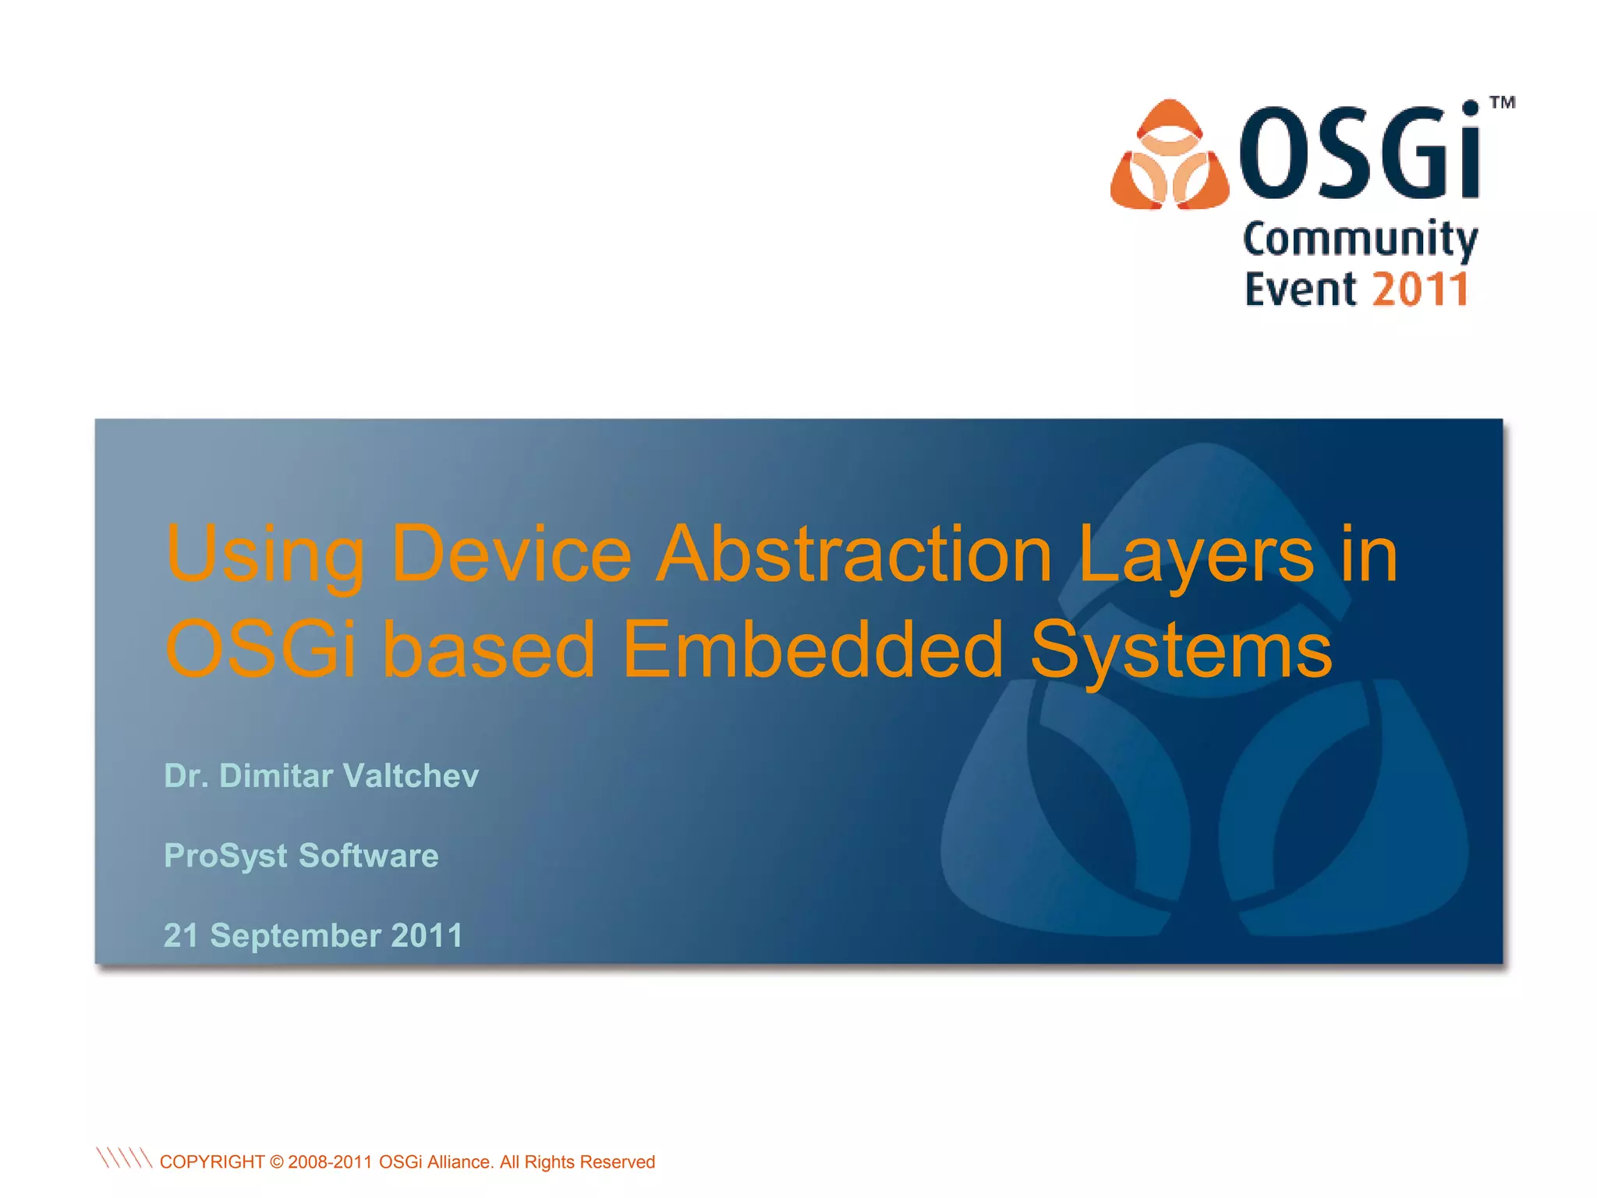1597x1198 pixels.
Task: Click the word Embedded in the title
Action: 813,650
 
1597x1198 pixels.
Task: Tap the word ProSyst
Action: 226,856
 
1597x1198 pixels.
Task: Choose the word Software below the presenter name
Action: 369,856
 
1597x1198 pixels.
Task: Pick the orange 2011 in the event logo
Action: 1421,289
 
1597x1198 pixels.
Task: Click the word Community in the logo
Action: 1360,239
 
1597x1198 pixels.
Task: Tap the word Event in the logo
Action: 1300,289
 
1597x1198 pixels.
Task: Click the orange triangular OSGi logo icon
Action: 1169,156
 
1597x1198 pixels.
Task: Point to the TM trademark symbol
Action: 1502,103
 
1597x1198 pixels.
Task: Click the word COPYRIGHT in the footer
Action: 212,1162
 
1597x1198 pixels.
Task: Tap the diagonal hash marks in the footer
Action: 123,1158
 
